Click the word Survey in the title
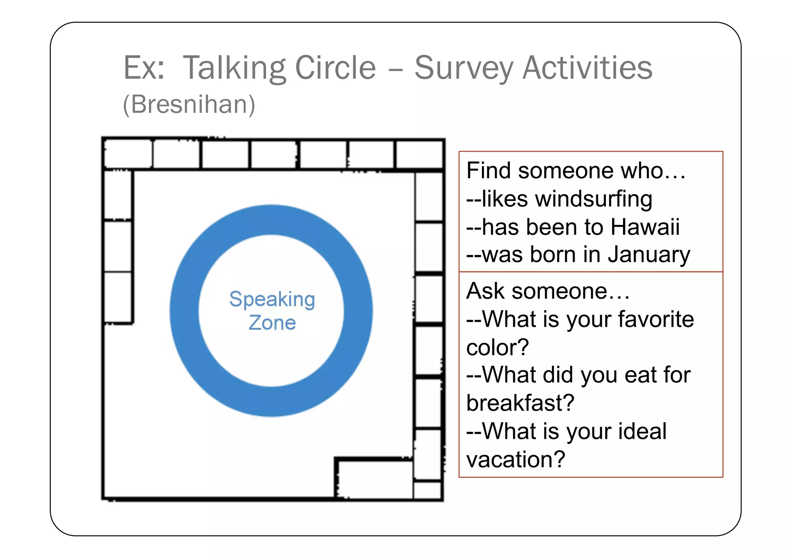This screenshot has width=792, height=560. click(x=463, y=68)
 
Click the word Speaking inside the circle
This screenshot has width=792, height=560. click(x=272, y=299)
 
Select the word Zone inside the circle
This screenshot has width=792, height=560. click(x=272, y=323)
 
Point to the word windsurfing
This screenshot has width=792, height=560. click(x=594, y=199)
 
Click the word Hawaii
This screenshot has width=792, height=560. click(x=645, y=227)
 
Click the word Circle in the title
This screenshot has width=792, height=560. click(x=335, y=68)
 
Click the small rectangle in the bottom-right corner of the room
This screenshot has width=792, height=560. click(x=427, y=490)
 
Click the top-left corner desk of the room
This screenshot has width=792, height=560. click(x=128, y=154)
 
